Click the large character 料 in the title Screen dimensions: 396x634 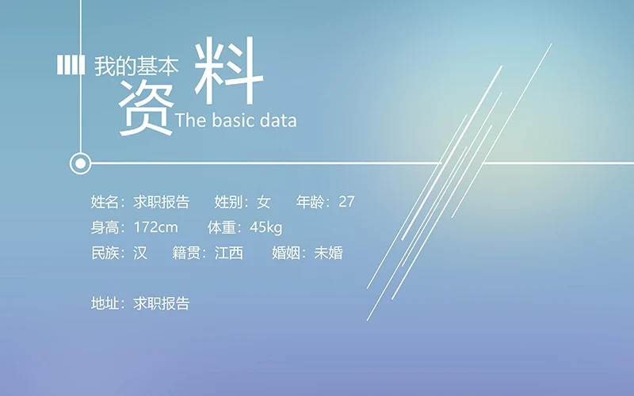[228, 73]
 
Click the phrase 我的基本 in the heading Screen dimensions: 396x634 [136, 67]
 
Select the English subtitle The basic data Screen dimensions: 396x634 [235, 120]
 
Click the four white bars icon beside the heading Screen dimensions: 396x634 [71, 66]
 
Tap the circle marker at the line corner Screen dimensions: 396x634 [80, 164]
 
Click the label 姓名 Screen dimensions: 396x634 [105, 202]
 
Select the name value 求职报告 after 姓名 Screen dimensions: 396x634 [162, 202]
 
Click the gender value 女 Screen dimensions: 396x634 [263, 202]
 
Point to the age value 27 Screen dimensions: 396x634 [346, 202]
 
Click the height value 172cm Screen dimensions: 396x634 [156, 228]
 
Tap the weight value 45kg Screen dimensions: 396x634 [265, 228]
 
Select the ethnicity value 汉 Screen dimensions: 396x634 [140, 253]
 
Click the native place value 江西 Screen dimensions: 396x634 [229, 253]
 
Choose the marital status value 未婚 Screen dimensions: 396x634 [328, 253]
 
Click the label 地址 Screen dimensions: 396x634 [105, 303]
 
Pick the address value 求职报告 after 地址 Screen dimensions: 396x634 [162, 303]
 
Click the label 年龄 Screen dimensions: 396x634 [311, 202]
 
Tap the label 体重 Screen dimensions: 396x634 [222, 228]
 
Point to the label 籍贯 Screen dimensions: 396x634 [186, 253]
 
